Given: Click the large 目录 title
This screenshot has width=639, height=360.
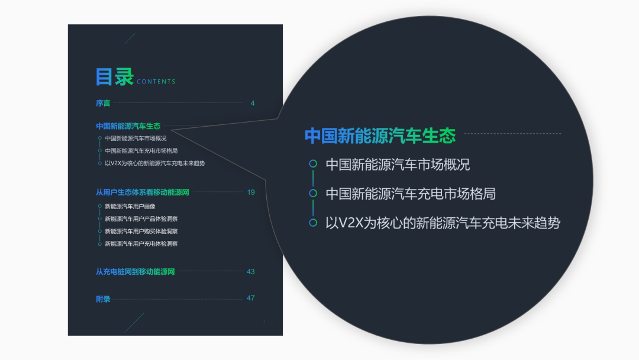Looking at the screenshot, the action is [x=115, y=76].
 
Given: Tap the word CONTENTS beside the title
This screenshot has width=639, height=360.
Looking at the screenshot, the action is [x=156, y=82].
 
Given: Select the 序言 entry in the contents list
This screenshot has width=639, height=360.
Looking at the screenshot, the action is [x=103, y=103].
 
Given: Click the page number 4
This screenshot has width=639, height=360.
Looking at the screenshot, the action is [x=253, y=103].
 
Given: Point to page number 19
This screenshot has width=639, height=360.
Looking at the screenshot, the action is [x=251, y=192].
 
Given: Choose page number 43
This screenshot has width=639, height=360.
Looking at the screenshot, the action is [x=251, y=272].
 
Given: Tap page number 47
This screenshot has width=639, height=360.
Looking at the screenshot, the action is [x=251, y=298].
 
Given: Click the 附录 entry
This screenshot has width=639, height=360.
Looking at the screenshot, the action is [x=103, y=299].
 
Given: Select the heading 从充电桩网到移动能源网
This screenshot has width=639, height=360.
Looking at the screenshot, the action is [x=135, y=272].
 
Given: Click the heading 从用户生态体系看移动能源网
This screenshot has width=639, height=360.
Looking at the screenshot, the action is [x=143, y=192].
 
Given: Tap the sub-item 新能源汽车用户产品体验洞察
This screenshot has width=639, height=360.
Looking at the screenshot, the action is [x=141, y=218].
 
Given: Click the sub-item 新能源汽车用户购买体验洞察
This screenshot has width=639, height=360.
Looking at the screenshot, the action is [x=141, y=231].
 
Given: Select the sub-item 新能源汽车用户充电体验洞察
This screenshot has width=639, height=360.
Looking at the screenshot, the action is [x=141, y=243].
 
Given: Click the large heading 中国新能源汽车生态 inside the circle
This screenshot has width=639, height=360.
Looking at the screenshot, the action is [x=380, y=136].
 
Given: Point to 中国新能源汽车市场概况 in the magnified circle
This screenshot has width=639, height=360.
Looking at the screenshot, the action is [x=398, y=164].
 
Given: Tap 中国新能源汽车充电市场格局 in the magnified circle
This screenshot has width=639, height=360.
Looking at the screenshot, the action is [x=411, y=194].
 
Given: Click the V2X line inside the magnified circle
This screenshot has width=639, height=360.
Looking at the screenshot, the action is [x=443, y=223].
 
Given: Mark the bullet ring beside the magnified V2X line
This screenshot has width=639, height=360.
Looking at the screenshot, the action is [x=313, y=223].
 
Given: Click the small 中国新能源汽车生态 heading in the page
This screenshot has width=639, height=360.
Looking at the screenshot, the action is [x=128, y=126].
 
